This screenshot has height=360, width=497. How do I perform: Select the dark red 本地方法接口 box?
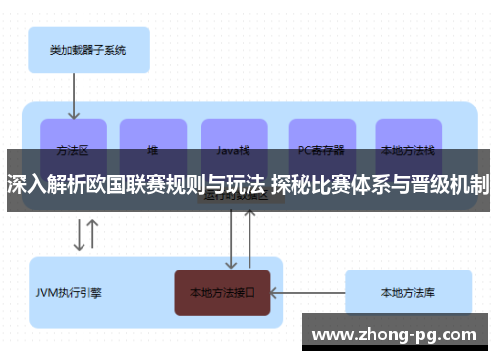pos(223,293)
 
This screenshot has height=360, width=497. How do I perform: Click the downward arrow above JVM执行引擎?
pos(79,235)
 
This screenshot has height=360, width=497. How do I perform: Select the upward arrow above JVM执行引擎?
pos(93,235)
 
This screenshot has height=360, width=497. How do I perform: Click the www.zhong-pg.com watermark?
pos(399,334)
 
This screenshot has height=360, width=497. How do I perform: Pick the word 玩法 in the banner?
pos(246,184)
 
